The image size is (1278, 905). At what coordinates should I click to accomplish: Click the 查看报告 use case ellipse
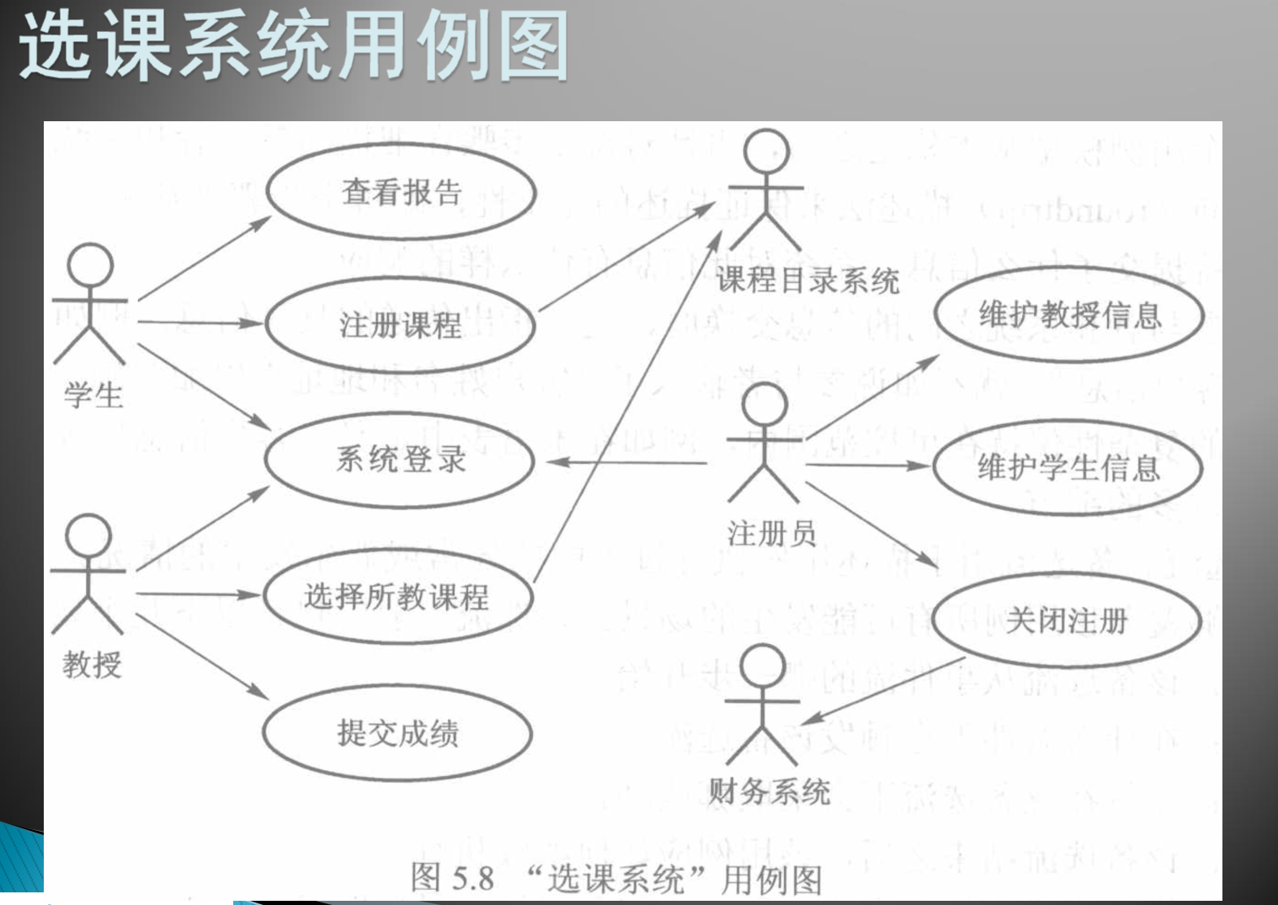pyautogui.click(x=402, y=192)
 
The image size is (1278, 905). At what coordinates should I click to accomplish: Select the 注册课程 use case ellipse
pyautogui.click(x=401, y=325)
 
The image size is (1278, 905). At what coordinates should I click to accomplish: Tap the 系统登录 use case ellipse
pyautogui.click(x=400, y=460)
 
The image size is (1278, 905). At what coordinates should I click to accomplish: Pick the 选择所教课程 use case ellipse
pyautogui.click(x=397, y=597)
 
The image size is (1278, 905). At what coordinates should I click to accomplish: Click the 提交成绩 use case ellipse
pyautogui.click(x=397, y=733)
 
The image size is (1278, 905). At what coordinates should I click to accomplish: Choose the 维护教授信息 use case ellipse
pyautogui.click(x=1069, y=315)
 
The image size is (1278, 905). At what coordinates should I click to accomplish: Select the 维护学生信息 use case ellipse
pyautogui.click(x=1068, y=466)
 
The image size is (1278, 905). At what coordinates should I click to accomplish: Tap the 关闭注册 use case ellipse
pyautogui.click(x=1066, y=620)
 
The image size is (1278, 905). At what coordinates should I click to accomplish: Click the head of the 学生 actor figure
pyautogui.click(x=90, y=265)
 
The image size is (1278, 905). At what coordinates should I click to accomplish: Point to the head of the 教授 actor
pyautogui.click(x=88, y=535)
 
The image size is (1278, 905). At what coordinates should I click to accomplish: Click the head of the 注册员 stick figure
pyautogui.click(x=765, y=404)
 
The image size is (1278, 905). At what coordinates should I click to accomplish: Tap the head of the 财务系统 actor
pyautogui.click(x=763, y=667)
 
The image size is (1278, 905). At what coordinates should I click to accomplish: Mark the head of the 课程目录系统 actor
pyautogui.click(x=767, y=152)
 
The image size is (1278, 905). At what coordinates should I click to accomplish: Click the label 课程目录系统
pyautogui.click(x=807, y=280)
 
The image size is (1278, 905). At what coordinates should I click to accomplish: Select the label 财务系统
pyautogui.click(x=769, y=791)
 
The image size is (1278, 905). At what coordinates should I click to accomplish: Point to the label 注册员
pyautogui.click(x=771, y=533)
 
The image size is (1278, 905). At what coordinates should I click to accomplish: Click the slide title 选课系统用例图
pyautogui.click(x=293, y=46)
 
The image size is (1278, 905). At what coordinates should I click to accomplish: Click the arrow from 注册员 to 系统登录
pyautogui.click(x=627, y=462)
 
